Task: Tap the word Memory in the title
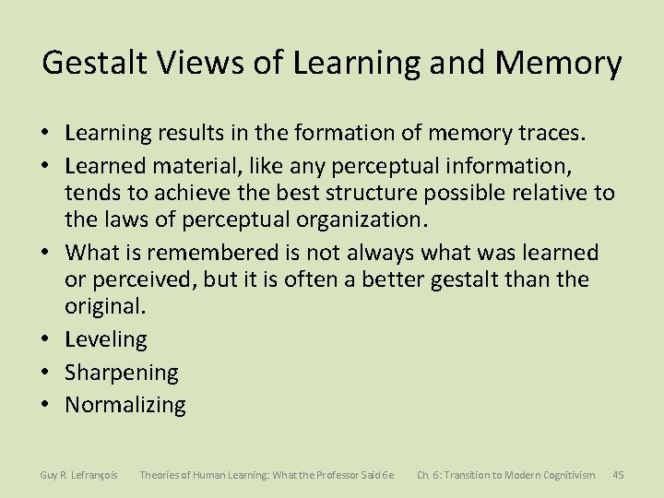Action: [x=558, y=64]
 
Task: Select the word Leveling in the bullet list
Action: [x=105, y=339]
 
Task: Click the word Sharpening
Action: [x=121, y=373]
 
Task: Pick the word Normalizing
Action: [x=125, y=405]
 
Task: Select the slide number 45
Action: [x=618, y=475]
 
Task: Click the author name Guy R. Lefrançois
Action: [x=78, y=475]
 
